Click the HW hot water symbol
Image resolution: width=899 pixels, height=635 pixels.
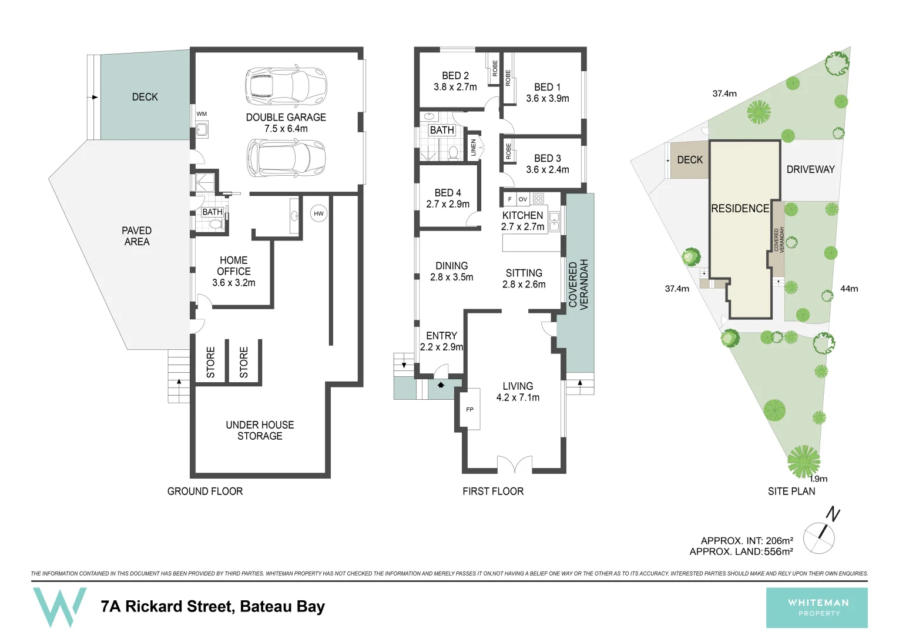(x=318, y=213)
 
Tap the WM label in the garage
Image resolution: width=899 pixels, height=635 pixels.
(x=202, y=114)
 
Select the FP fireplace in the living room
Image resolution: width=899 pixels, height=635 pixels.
(x=470, y=409)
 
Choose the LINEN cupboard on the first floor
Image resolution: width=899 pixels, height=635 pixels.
(x=474, y=147)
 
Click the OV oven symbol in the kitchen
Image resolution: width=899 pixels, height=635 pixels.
(x=522, y=199)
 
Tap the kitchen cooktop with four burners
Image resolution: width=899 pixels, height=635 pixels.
(x=539, y=199)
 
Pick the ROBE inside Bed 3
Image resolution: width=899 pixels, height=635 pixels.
(x=509, y=151)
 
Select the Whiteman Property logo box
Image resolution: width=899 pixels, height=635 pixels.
(x=817, y=607)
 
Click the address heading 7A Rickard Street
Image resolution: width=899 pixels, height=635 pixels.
(x=213, y=606)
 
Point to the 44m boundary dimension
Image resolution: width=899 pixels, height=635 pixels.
(x=849, y=289)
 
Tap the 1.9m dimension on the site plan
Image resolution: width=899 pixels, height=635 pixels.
(x=819, y=479)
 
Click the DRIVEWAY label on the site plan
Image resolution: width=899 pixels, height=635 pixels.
(x=810, y=169)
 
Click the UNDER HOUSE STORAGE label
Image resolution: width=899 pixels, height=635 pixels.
(x=260, y=430)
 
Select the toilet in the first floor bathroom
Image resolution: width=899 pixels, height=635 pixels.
(x=453, y=153)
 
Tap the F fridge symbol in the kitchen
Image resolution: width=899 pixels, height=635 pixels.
(x=509, y=199)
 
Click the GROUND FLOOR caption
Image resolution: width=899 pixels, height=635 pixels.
(x=205, y=491)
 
